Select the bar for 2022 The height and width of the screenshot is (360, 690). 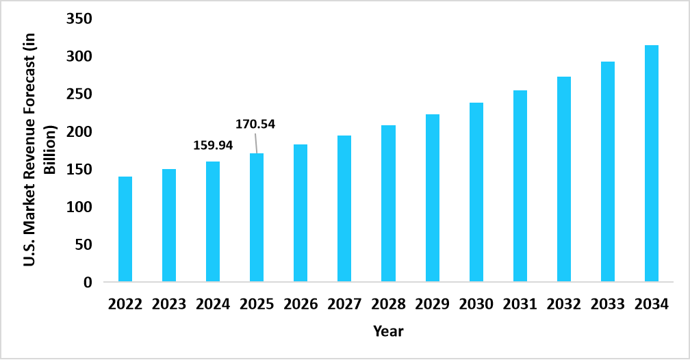125,229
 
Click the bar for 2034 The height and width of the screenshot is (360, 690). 652,164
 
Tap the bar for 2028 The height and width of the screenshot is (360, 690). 388,203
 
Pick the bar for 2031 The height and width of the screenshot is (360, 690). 520,186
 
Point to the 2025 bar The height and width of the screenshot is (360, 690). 257,218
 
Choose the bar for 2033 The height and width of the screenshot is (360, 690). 608,172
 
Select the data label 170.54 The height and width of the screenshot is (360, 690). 255,124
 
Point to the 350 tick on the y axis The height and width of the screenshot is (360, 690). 79,18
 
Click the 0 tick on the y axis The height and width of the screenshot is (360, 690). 88,282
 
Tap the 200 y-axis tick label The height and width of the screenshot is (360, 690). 79,131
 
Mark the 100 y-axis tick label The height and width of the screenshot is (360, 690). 79,207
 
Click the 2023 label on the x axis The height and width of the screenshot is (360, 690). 169,304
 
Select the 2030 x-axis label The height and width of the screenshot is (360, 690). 476,304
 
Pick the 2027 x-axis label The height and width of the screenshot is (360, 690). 344,304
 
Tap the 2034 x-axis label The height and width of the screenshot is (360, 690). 652,304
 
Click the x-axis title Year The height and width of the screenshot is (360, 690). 388,331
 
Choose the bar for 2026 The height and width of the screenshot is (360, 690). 301,213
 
